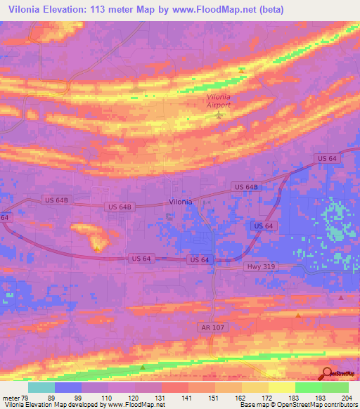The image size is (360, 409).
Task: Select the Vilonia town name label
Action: [x=180, y=202]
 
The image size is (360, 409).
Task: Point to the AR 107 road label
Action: [x=209, y=328]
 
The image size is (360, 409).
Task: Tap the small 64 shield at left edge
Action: [x=5, y=219]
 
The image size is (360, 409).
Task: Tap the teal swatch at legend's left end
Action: [x=41, y=387]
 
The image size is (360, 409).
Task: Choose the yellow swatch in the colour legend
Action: [x=281, y=387]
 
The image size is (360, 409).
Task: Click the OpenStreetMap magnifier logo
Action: [x=327, y=374]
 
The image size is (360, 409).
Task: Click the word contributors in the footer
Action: [x=336, y=405]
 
